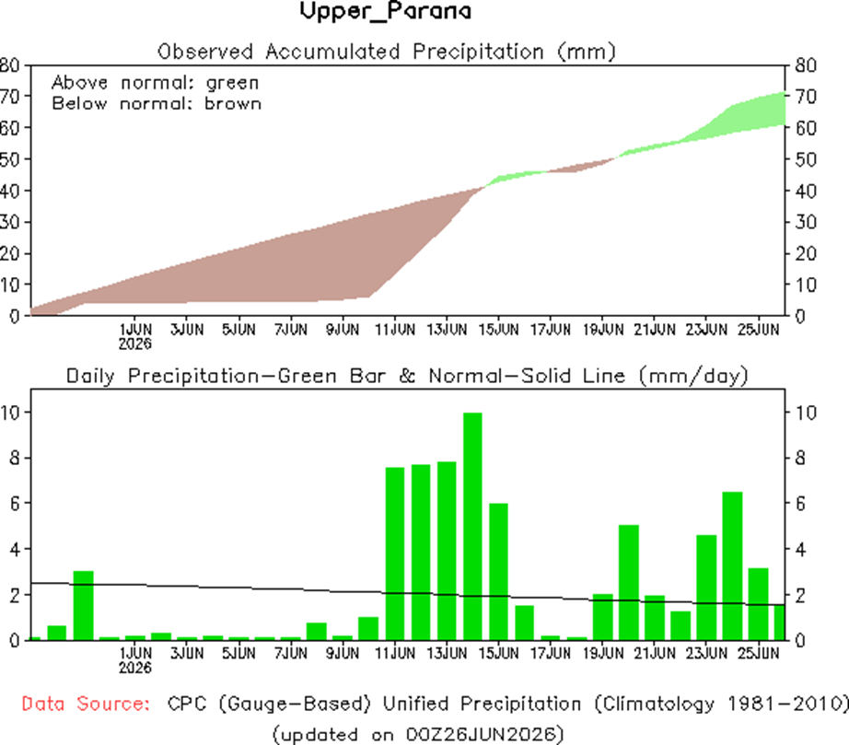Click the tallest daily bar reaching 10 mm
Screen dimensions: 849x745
click(x=472, y=526)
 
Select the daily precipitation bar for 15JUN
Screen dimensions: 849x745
click(x=499, y=572)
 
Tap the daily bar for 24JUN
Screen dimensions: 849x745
click(x=733, y=565)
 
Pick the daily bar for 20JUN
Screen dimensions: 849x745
click(x=629, y=583)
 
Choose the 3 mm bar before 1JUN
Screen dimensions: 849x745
click(x=84, y=605)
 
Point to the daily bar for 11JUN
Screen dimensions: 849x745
click(x=395, y=553)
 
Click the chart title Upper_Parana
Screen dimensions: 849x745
click(x=386, y=11)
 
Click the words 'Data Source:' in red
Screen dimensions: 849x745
click(x=86, y=704)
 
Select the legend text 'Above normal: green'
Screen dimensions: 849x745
click(x=156, y=83)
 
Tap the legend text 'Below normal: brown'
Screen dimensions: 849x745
click(x=157, y=103)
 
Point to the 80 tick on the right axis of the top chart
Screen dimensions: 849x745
click(x=806, y=65)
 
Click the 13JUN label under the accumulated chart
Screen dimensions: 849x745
click(x=447, y=329)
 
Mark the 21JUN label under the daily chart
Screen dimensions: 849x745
click(x=655, y=653)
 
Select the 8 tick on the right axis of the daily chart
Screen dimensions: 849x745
click(x=800, y=458)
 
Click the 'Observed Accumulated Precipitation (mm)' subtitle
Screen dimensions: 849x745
click(x=387, y=52)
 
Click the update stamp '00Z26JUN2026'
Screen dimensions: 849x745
click(x=481, y=735)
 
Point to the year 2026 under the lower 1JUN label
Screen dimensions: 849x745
click(x=134, y=668)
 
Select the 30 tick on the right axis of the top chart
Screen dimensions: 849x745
click(x=806, y=222)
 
